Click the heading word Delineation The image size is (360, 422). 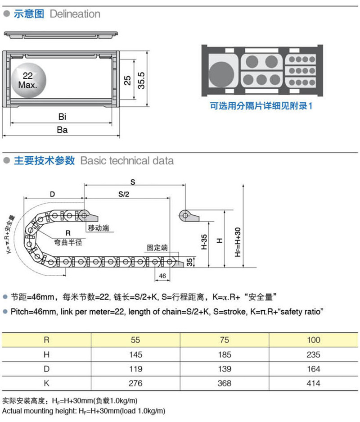click(75, 14)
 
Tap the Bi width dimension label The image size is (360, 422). click(62, 117)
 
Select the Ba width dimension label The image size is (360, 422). click(62, 130)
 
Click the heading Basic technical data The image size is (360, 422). click(126, 161)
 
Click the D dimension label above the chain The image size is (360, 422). click(52, 194)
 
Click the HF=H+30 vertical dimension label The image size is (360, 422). click(238, 241)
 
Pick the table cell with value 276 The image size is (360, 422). click(135, 384)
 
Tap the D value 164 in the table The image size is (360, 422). click(314, 369)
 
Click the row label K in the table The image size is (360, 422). click(46, 384)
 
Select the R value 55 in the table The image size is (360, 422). click(135, 340)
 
